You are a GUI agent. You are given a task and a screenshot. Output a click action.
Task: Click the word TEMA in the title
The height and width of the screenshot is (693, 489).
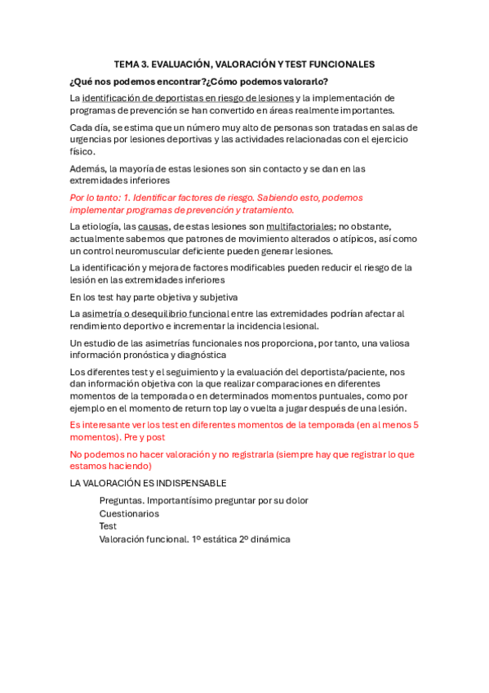click(126, 63)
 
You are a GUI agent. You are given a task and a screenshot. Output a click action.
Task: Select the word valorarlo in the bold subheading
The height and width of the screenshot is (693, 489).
click(300, 81)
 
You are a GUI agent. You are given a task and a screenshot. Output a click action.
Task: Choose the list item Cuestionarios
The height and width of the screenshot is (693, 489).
click(129, 514)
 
